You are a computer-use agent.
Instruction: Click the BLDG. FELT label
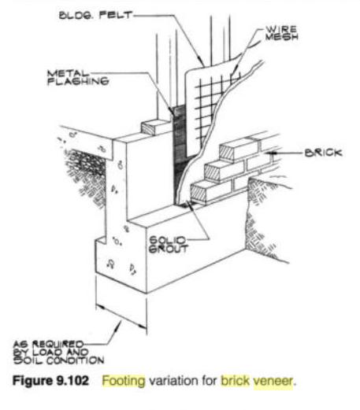point(95,15)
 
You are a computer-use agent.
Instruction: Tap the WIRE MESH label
point(281,33)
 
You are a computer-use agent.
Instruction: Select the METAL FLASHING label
point(78,77)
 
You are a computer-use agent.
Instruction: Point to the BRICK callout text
point(324,153)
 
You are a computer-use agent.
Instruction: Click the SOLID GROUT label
point(169,245)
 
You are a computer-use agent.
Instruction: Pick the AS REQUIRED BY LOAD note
point(58,353)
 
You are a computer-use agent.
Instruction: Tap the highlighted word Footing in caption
point(124,381)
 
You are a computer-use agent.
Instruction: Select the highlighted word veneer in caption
point(273,381)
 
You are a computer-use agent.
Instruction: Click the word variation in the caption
point(183,381)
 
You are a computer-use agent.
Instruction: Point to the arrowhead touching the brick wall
point(269,153)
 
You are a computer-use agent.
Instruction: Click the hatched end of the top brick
point(227,153)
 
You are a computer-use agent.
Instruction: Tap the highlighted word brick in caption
point(235,381)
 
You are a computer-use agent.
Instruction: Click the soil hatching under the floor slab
point(84,173)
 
